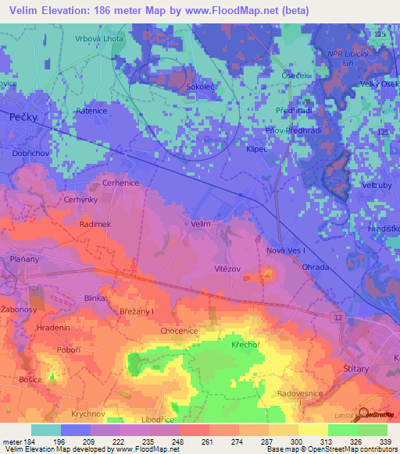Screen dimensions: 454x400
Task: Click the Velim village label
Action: [x=201, y=224]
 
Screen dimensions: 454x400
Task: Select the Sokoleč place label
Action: [x=199, y=89]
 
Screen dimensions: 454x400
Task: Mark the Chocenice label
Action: [x=179, y=331]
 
